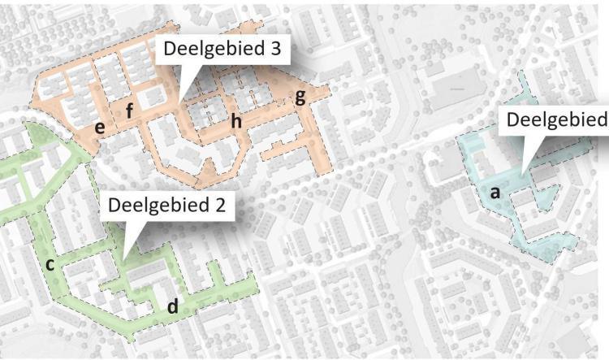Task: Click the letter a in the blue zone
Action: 495,193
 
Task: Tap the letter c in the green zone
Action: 50,264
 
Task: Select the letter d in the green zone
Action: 172,307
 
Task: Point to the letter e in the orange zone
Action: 99,127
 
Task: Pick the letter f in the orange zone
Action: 129,111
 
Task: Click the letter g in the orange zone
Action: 300,98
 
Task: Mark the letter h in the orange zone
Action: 236,121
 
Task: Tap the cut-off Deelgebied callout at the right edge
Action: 557,120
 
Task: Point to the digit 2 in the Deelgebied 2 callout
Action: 218,203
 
